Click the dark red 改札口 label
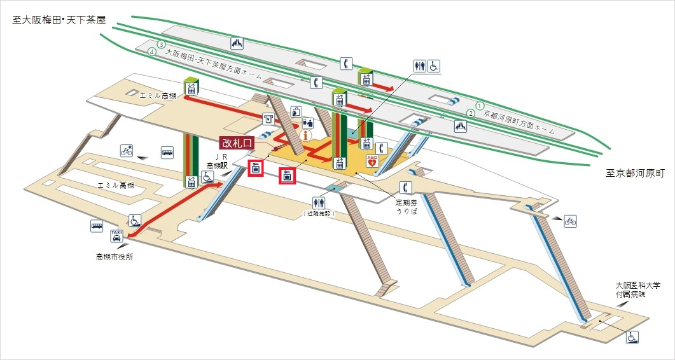tap(236, 143)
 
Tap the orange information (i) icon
tap(306, 134)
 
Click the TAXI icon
tap(116, 235)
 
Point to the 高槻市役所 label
tap(115, 257)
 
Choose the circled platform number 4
tap(151, 52)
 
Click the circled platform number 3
tap(162, 45)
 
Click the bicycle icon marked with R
tap(127, 151)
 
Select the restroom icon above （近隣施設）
tap(319, 202)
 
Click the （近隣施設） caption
tap(319, 215)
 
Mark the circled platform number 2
tap(471, 113)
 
